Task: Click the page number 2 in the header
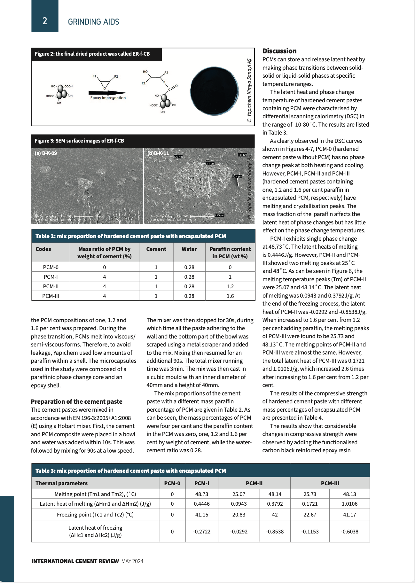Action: (45, 21)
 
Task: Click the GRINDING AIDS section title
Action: (93, 22)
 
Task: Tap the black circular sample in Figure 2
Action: (215, 90)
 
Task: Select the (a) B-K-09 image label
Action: (46, 153)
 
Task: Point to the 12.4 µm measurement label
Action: (237, 176)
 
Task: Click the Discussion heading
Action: (279, 51)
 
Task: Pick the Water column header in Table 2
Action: (189, 249)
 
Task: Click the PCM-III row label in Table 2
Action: (51, 296)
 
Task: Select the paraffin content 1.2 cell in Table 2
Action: (230, 286)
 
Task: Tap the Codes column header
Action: (43, 249)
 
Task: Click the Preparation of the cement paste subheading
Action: (76, 401)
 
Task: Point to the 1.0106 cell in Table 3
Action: (349, 504)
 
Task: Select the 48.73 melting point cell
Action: (202, 494)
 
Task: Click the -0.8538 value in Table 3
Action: (275, 532)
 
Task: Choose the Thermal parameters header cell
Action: (61, 483)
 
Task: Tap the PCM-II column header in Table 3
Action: (254, 483)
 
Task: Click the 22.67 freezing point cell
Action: (310, 515)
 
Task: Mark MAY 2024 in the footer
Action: (132, 561)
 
